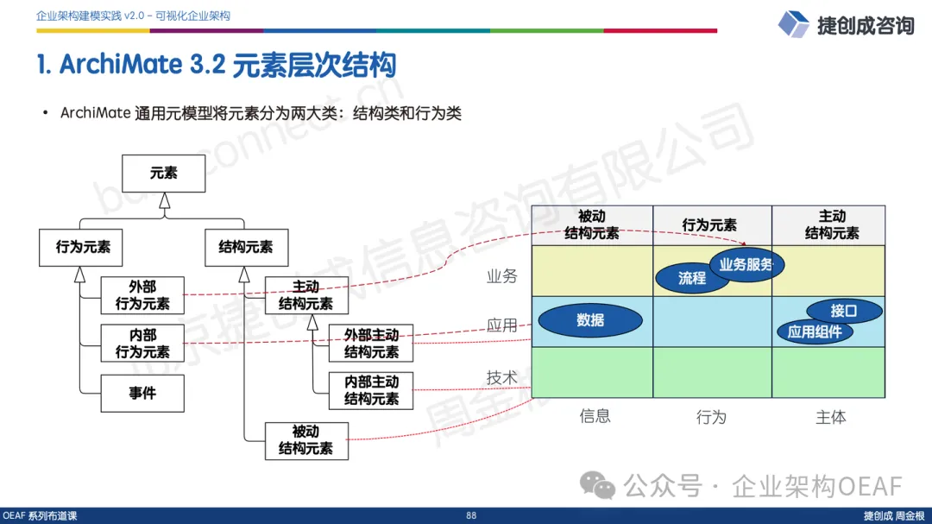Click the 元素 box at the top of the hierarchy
(164, 174)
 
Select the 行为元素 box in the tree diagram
(83, 247)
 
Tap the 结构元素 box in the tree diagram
(239, 247)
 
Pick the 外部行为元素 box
(142, 294)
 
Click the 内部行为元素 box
(142, 343)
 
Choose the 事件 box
(142, 393)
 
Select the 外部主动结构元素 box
(371, 343)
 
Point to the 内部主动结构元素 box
(371, 390)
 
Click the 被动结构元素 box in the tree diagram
(305, 440)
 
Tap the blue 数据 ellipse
(590, 320)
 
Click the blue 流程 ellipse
(692, 278)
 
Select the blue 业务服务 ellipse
(746, 264)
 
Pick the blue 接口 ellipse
(844, 311)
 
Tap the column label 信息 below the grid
(595, 416)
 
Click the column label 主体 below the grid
(831, 417)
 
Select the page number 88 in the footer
(471, 515)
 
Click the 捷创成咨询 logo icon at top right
(793, 24)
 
